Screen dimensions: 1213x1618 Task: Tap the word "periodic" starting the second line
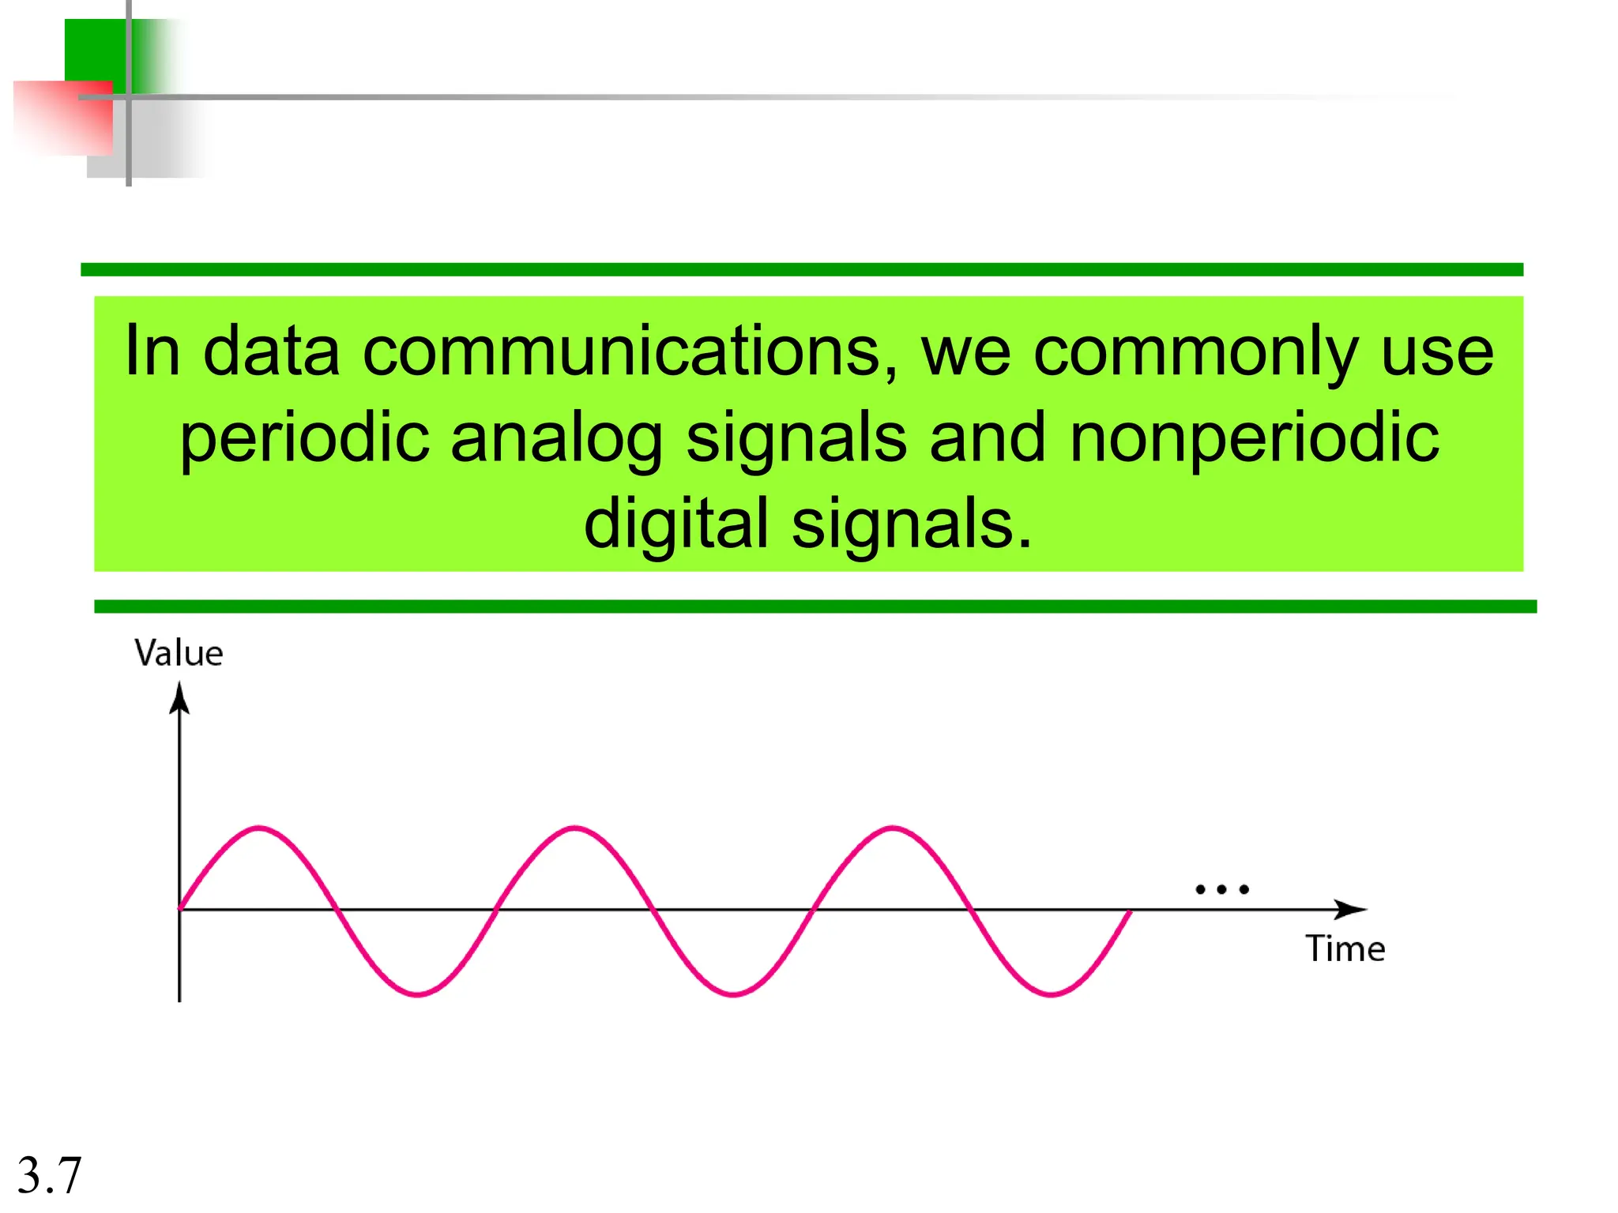(305, 439)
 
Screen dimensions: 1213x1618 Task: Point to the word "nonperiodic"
(1254, 439)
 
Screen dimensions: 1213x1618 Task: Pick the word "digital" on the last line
(675, 525)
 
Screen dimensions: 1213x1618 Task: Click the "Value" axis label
(179, 654)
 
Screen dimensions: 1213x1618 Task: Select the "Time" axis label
(1345, 948)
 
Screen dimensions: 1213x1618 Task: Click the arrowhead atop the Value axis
(179, 698)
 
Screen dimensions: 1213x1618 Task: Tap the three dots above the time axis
(1221, 889)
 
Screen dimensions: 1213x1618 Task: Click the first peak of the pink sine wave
(259, 828)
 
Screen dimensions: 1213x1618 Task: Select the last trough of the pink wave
(1051, 993)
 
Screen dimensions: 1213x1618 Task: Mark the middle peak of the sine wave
(575, 828)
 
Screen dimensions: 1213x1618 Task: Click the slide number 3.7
(49, 1174)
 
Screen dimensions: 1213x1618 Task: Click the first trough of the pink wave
(417, 993)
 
